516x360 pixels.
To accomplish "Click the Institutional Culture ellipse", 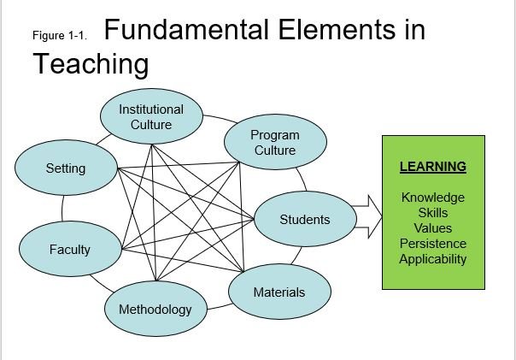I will (151, 117).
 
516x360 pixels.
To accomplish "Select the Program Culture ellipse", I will (274, 142).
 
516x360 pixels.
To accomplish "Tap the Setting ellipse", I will (66, 168).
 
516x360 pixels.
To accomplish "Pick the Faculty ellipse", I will (69, 249).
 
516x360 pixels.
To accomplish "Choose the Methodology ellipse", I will (155, 309).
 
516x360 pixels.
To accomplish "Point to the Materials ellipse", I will (279, 292).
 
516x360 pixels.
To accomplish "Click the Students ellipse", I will (304, 220).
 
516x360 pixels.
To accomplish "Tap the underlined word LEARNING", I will (432, 166).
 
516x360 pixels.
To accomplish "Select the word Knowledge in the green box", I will (432, 198).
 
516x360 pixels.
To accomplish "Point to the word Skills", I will (432, 213).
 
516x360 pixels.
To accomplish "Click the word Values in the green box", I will (432, 228).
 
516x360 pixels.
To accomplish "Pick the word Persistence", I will (432, 244).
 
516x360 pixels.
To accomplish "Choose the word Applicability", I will (432, 259).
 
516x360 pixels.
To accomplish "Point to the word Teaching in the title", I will (91, 63).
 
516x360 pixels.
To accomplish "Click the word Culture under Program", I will (274, 150).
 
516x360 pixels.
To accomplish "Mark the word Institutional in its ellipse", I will (151, 109).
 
